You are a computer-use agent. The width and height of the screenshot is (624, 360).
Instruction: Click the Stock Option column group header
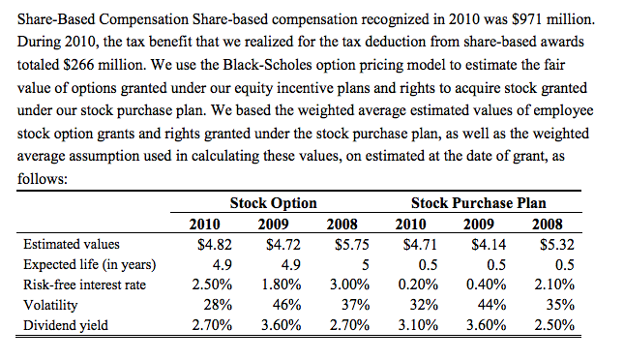point(273,203)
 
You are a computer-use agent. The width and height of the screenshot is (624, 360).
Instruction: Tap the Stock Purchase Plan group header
point(478,203)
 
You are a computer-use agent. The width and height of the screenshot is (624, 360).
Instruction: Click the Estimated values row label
point(72,245)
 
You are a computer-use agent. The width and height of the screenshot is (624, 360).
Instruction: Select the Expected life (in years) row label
point(90,264)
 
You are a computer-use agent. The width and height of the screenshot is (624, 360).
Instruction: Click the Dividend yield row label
point(66,325)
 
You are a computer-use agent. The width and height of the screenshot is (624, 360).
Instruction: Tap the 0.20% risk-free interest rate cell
point(418,285)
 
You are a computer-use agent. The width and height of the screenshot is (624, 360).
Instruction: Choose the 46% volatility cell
point(285,305)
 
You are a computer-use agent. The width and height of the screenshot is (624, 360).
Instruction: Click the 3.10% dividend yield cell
point(418,325)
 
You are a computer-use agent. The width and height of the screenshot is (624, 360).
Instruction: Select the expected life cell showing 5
point(351,264)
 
